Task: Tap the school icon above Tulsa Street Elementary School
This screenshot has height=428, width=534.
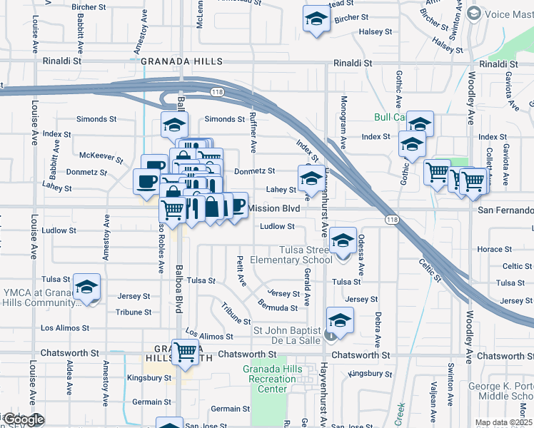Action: click(343, 240)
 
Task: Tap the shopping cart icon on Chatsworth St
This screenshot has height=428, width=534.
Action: click(186, 351)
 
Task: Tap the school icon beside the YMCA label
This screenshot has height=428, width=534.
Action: click(87, 287)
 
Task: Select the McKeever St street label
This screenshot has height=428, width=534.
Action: click(98, 155)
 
